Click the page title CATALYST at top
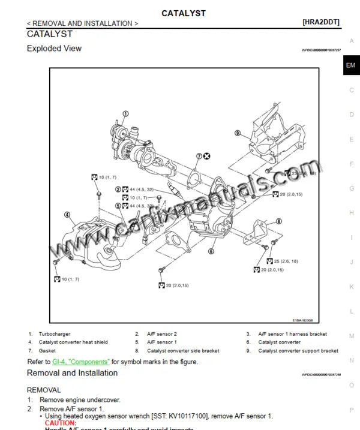pos(183,13)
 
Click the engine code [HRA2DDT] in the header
pos(321,23)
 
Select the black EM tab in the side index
pos(350,65)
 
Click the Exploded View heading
pos(54,49)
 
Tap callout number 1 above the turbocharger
pos(125,113)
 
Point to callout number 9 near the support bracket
pos(238,133)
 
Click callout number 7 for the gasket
pos(199,156)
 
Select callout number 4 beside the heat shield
pos(67,214)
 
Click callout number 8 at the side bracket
pos(278,221)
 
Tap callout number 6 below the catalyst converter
pos(211,251)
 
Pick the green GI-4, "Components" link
pos(81,362)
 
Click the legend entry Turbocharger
pos(55,334)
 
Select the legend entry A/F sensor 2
pos(162,334)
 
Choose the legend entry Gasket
pos(47,351)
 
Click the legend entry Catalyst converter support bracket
pos(298,351)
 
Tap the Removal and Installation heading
pos(72,373)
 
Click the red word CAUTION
pos(61,423)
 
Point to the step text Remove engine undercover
pos(80,399)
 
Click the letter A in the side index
pos(352,41)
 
